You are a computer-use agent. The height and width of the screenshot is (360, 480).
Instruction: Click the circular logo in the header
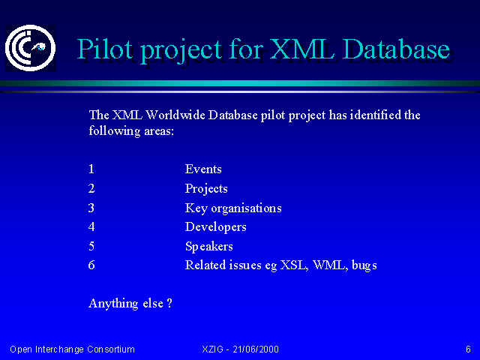pos(31,48)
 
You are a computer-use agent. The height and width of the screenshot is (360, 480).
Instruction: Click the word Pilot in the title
pos(105,49)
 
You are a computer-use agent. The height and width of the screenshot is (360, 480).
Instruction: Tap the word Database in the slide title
pos(396,49)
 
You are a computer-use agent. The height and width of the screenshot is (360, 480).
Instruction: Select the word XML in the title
pos(301,49)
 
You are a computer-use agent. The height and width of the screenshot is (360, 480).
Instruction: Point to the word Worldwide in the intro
pos(175,115)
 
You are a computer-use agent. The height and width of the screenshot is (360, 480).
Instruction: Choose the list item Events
pos(203,169)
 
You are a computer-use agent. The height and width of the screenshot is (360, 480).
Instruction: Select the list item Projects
pos(206,189)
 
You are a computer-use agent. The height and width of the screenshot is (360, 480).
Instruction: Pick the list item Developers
pos(216,227)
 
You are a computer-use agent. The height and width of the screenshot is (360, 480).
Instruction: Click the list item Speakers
pos(209,247)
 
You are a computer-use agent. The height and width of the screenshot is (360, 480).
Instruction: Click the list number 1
pos(91,169)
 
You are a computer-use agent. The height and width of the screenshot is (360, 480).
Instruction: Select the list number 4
pos(91,227)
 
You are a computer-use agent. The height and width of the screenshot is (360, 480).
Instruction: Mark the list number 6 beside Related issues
pos(91,265)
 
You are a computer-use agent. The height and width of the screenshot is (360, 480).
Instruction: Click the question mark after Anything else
pos(169,303)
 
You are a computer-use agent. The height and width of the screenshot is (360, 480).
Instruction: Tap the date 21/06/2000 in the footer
pos(256,349)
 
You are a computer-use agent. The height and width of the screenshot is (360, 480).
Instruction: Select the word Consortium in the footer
pos(111,349)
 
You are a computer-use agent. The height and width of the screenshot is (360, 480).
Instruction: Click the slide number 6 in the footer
pos(468,349)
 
